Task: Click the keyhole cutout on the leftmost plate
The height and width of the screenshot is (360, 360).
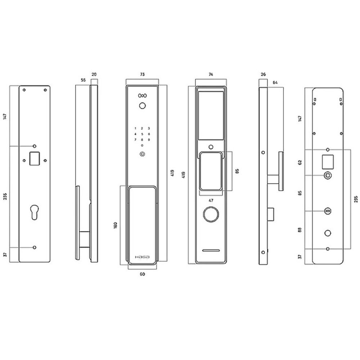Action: pos(35,212)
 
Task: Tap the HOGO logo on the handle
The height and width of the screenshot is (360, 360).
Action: pos(142,257)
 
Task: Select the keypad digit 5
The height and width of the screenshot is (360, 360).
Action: pos(142,134)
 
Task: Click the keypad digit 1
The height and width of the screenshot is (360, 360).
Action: pos(135,129)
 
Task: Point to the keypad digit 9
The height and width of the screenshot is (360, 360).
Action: pos(149,140)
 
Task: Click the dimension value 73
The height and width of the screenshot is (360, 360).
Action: pos(142,75)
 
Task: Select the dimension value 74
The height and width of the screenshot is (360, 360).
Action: pos(211,75)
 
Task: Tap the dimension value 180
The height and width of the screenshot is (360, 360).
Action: pos(116,225)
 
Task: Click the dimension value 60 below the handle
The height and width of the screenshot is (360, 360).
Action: pos(142,274)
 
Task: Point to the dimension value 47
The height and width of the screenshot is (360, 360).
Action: pos(211,201)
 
